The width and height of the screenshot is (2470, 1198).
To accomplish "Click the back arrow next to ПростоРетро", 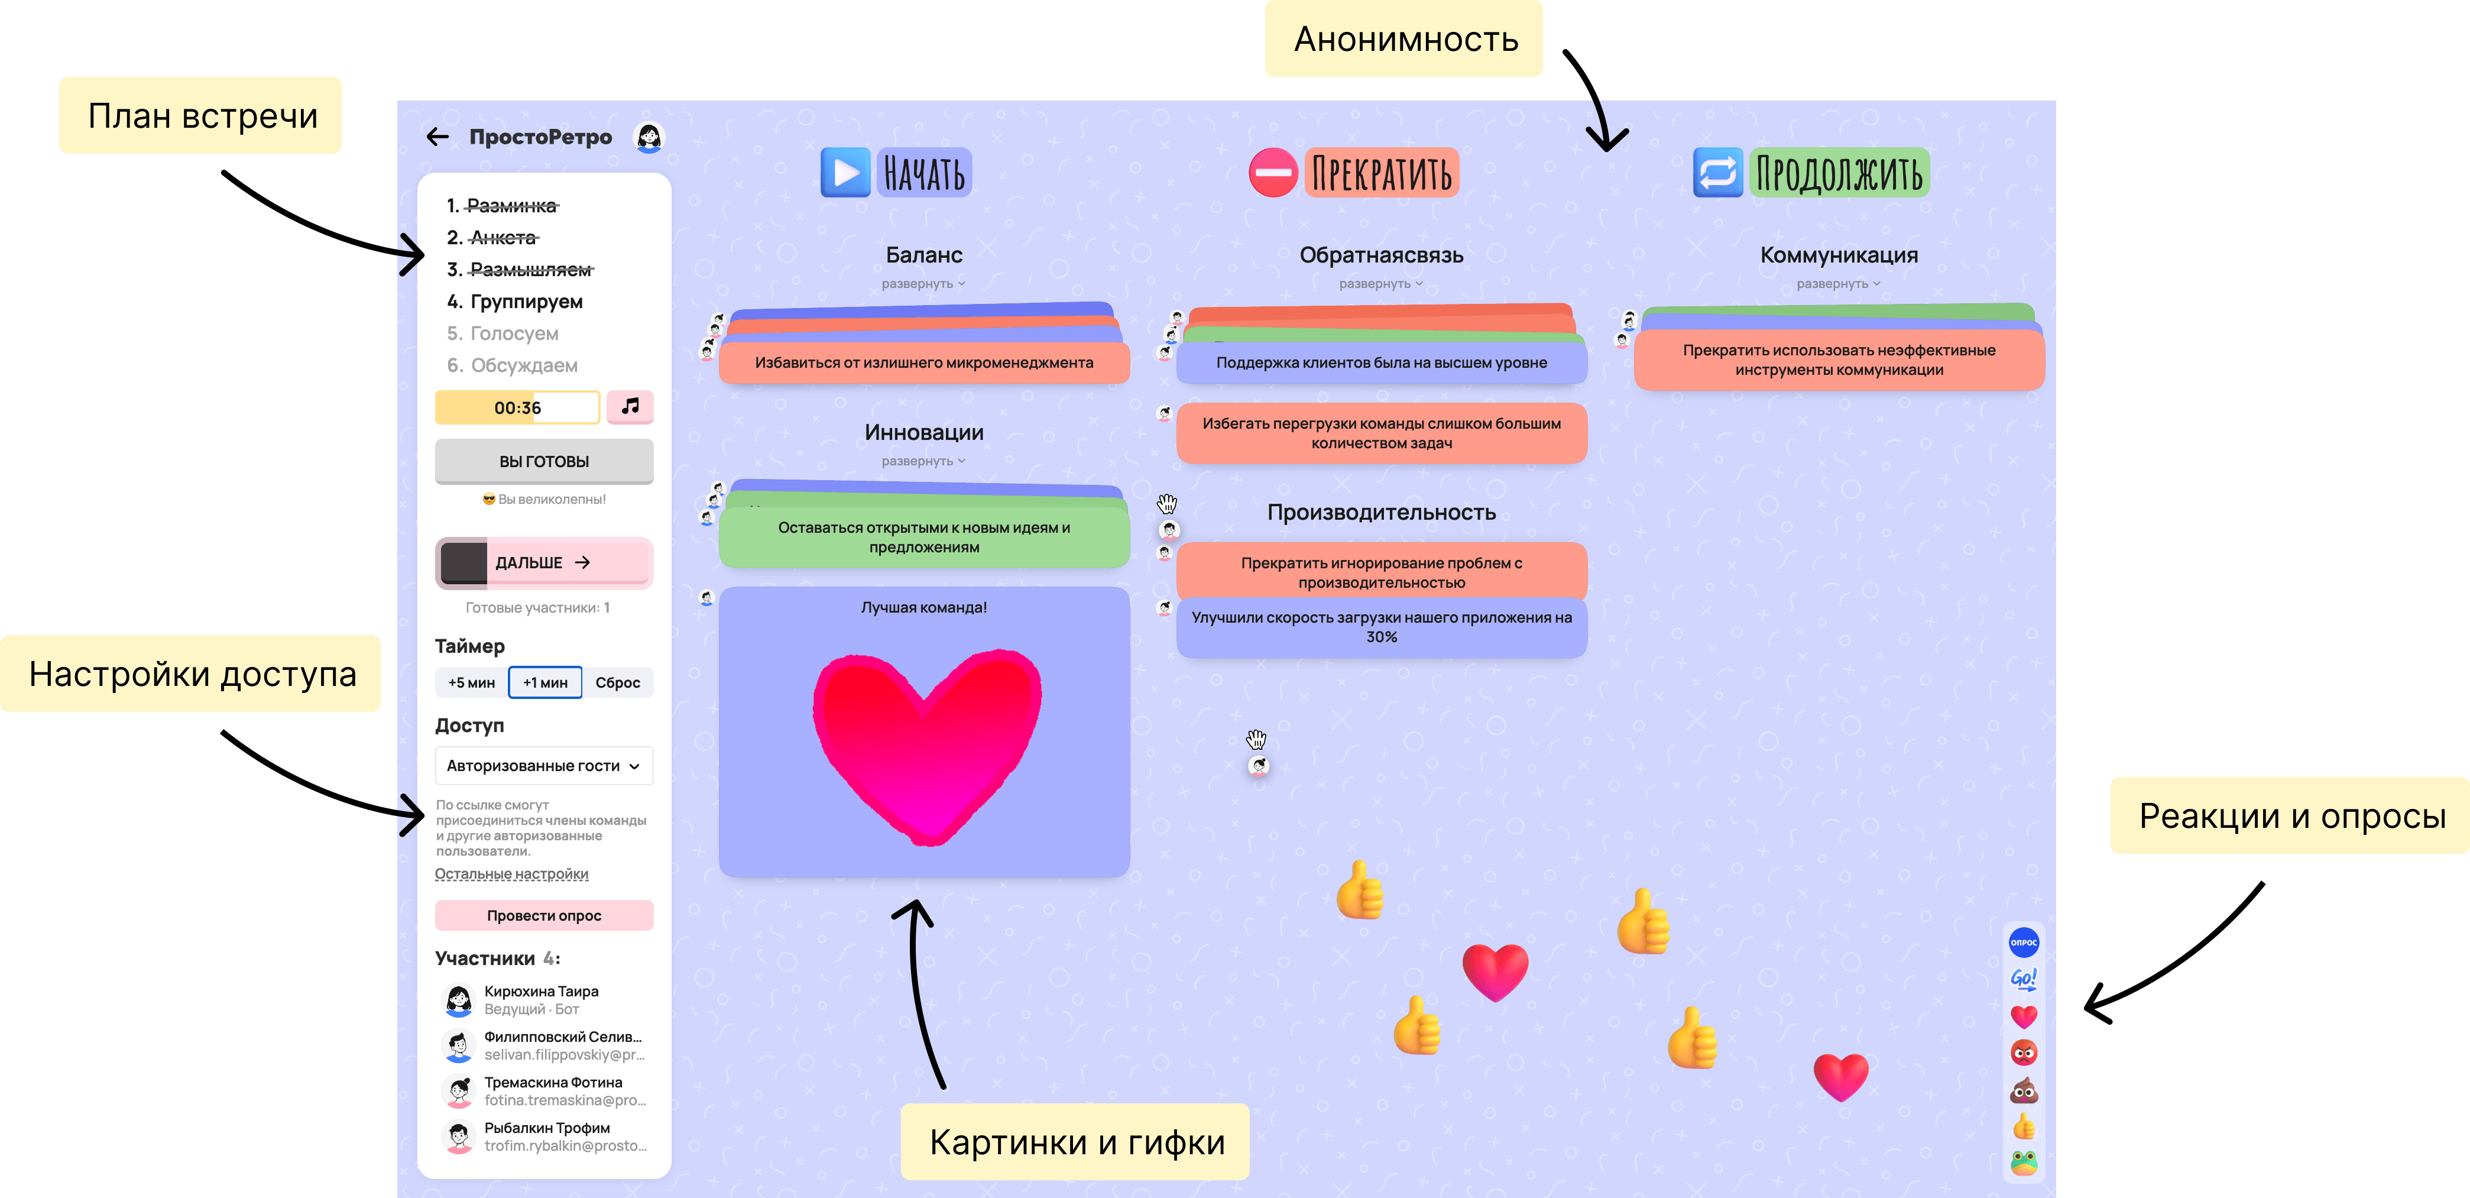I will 437,137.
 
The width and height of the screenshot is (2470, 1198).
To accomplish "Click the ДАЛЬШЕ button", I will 544,563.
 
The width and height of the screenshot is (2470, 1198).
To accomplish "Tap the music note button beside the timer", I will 630,407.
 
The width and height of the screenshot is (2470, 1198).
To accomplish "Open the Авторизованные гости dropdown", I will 544,765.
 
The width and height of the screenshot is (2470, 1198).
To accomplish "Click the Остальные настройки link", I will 511,874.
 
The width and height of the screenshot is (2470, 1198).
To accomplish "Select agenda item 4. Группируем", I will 526,301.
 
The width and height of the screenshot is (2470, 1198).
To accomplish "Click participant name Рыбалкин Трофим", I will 546,1128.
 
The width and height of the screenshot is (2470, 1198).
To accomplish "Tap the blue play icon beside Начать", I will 845,173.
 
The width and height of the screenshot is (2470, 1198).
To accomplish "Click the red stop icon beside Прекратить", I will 1272,173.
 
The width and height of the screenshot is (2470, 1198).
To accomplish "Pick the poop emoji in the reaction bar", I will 2023,1090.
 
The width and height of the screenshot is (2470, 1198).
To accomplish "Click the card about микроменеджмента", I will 923,362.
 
